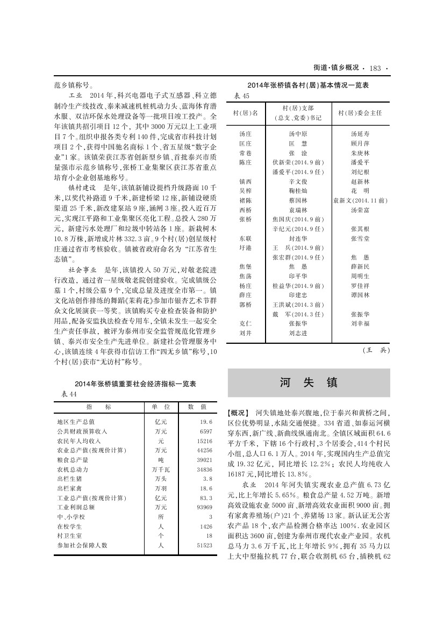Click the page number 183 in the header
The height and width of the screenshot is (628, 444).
pyautogui.click(x=375, y=68)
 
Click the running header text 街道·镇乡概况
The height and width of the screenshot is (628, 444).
pyautogui.click(x=336, y=68)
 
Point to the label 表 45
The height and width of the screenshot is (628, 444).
pyautogui.click(x=242, y=96)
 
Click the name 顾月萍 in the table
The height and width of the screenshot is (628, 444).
pyautogui.click(x=360, y=143)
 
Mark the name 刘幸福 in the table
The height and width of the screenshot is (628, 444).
pyautogui.click(x=360, y=323)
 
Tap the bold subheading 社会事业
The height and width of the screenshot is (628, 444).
pyautogui.click(x=82, y=269)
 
